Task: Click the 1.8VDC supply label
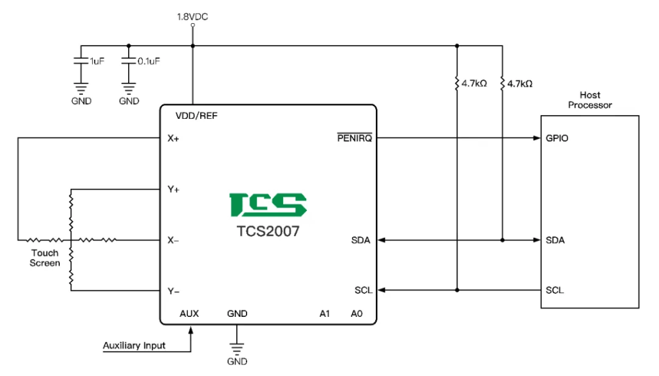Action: pyautogui.click(x=192, y=16)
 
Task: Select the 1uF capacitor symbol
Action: pyautogui.click(x=80, y=62)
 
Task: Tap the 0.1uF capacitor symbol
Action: pyautogui.click(x=129, y=62)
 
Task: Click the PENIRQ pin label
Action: pyautogui.click(x=355, y=138)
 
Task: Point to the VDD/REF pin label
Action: pyautogui.click(x=197, y=116)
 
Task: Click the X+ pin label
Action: pyautogui.click(x=174, y=138)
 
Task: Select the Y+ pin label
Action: pyautogui.click(x=174, y=190)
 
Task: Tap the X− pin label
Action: pyautogui.click(x=174, y=240)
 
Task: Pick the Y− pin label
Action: pyautogui.click(x=174, y=291)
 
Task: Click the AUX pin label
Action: pyautogui.click(x=189, y=314)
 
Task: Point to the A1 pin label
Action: pyautogui.click(x=324, y=314)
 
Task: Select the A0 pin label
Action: pyautogui.click(x=357, y=314)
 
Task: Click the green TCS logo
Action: pyautogui.click(x=268, y=204)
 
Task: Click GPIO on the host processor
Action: pyautogui.click(x=557, y=138)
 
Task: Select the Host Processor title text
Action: pyautogui.click(x=590, y=100)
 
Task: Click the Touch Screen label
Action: pyautogui.click(x=44, y=258)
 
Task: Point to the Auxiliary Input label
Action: pyautogui.click(x=134, y=346)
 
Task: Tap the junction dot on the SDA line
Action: pyautogui.click(x=503, y=240)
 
